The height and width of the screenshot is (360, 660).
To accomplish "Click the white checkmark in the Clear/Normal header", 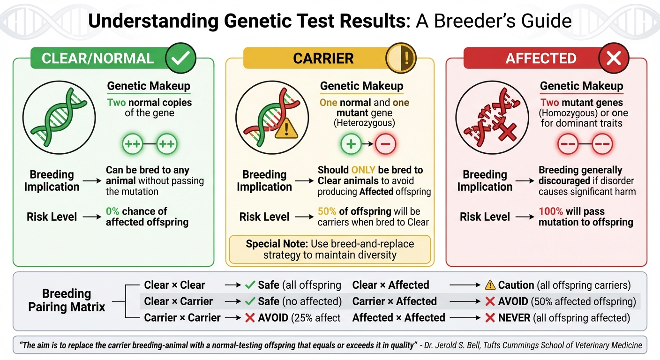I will pos(181,58).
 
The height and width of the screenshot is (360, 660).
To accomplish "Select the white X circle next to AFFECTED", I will pos(614,58).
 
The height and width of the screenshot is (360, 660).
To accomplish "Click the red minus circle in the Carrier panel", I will pos(385,144).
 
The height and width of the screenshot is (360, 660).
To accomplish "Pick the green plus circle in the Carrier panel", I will pos(351,144).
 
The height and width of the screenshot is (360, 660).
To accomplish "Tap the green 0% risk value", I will pos(113,211).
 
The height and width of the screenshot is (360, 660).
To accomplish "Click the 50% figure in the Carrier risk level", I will pos(327,211).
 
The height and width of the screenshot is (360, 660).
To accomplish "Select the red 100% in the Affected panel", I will pos(550,211).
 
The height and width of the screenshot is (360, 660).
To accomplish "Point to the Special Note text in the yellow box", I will pos(330,249).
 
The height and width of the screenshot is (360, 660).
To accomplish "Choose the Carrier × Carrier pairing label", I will pos(182,317).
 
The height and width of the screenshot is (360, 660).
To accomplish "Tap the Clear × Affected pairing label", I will pos(390,285).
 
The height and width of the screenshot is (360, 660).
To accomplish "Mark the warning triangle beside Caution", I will pos(490,285).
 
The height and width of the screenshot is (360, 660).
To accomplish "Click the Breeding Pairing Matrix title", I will pos(67,300).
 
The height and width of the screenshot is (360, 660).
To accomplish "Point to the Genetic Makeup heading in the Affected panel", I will pos(581,86).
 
